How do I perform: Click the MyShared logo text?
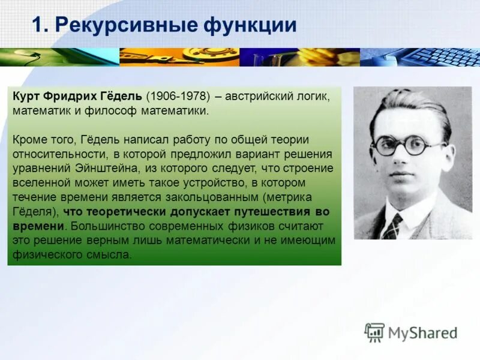click(422, 332)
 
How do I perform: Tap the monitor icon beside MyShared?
click(374, 332)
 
